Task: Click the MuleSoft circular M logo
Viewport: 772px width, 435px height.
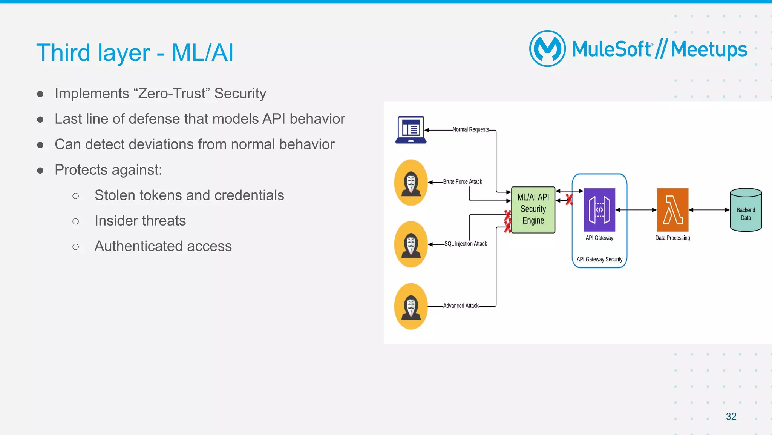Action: click(x=547, y=49)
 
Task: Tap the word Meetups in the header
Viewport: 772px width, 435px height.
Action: click(x=709, y=49)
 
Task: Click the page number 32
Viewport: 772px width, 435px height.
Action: click(x=731, y=417)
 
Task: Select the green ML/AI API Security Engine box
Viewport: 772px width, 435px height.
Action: click(x=533, y=210)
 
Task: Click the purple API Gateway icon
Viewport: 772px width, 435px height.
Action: click(x=599, y=210)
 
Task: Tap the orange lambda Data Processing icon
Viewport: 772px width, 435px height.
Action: click(x=672, y=210)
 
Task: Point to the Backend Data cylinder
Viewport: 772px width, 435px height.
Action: click(x=746, y=210)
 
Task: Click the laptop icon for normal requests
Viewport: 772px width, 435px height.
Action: click(x=411, y=130)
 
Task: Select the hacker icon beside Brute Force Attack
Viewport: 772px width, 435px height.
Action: click(x=411, y=183)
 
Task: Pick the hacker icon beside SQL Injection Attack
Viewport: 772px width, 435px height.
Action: click(x=411, y=244)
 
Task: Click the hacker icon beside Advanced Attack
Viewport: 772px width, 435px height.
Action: click(x=411, y=306)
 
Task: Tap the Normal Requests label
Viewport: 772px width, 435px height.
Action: click(x=470, y=129)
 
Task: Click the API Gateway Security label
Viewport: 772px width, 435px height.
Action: click(x=599, y=260)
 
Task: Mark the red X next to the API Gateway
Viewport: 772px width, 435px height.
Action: click(x=569, y=200)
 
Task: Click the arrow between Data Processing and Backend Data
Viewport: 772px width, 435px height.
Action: click(x=709, y=210)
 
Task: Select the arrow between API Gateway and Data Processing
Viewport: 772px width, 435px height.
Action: click(x=636, y=210)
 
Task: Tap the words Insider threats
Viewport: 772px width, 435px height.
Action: click(x=140, y=221)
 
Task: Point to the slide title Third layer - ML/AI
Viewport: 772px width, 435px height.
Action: click(x=135, y=52)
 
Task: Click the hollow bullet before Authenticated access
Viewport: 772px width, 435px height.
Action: click(x=76, y=247)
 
